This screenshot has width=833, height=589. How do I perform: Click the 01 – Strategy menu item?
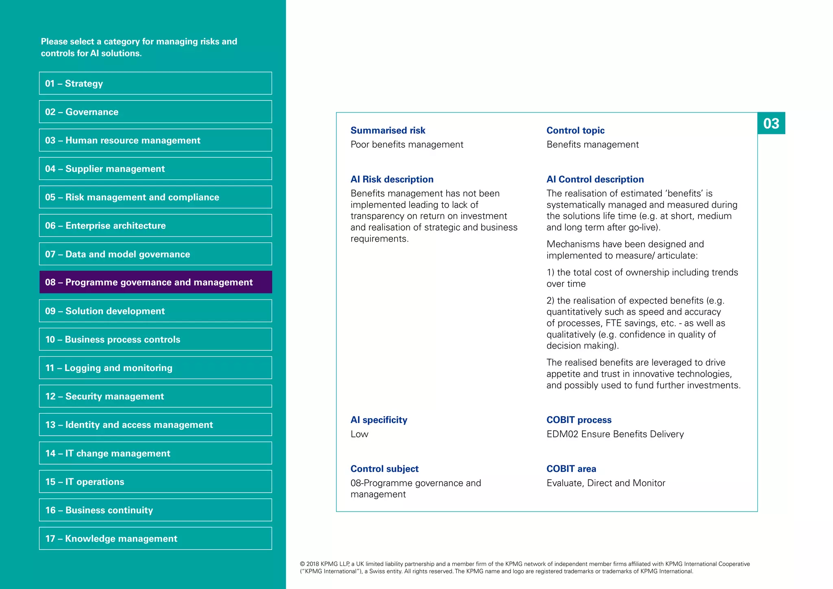(155, 83)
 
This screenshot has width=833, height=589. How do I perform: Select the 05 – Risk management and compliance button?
(155, 197)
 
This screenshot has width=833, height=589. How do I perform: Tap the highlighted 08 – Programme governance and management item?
(155, 282)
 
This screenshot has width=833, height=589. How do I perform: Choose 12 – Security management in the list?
(155, 396)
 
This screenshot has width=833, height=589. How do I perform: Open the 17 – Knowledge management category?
(155, 539)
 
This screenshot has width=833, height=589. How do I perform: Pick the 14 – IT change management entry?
(155, 453)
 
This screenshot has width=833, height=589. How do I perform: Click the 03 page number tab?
(771, 123)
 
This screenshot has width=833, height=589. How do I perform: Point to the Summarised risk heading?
(388, 131)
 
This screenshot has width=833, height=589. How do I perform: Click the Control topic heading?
(575, 131)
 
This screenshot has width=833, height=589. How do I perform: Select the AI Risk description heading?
(392, 179)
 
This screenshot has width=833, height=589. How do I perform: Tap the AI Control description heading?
(595, 179)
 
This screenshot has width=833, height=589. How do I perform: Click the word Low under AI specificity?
(359, 434)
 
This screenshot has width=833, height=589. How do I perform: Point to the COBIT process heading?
(579, 420)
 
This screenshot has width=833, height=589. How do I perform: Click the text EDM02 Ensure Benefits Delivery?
(615, 434)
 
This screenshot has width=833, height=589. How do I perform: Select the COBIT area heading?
(571, 469)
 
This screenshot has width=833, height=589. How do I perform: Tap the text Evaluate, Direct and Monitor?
(606, 483)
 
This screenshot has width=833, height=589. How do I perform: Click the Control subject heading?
(384, 469)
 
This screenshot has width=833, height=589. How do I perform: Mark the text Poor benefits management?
(407, 144)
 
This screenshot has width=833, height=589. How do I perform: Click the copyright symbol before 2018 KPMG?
(302, 564)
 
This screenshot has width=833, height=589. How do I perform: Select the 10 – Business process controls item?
(155, 339)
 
